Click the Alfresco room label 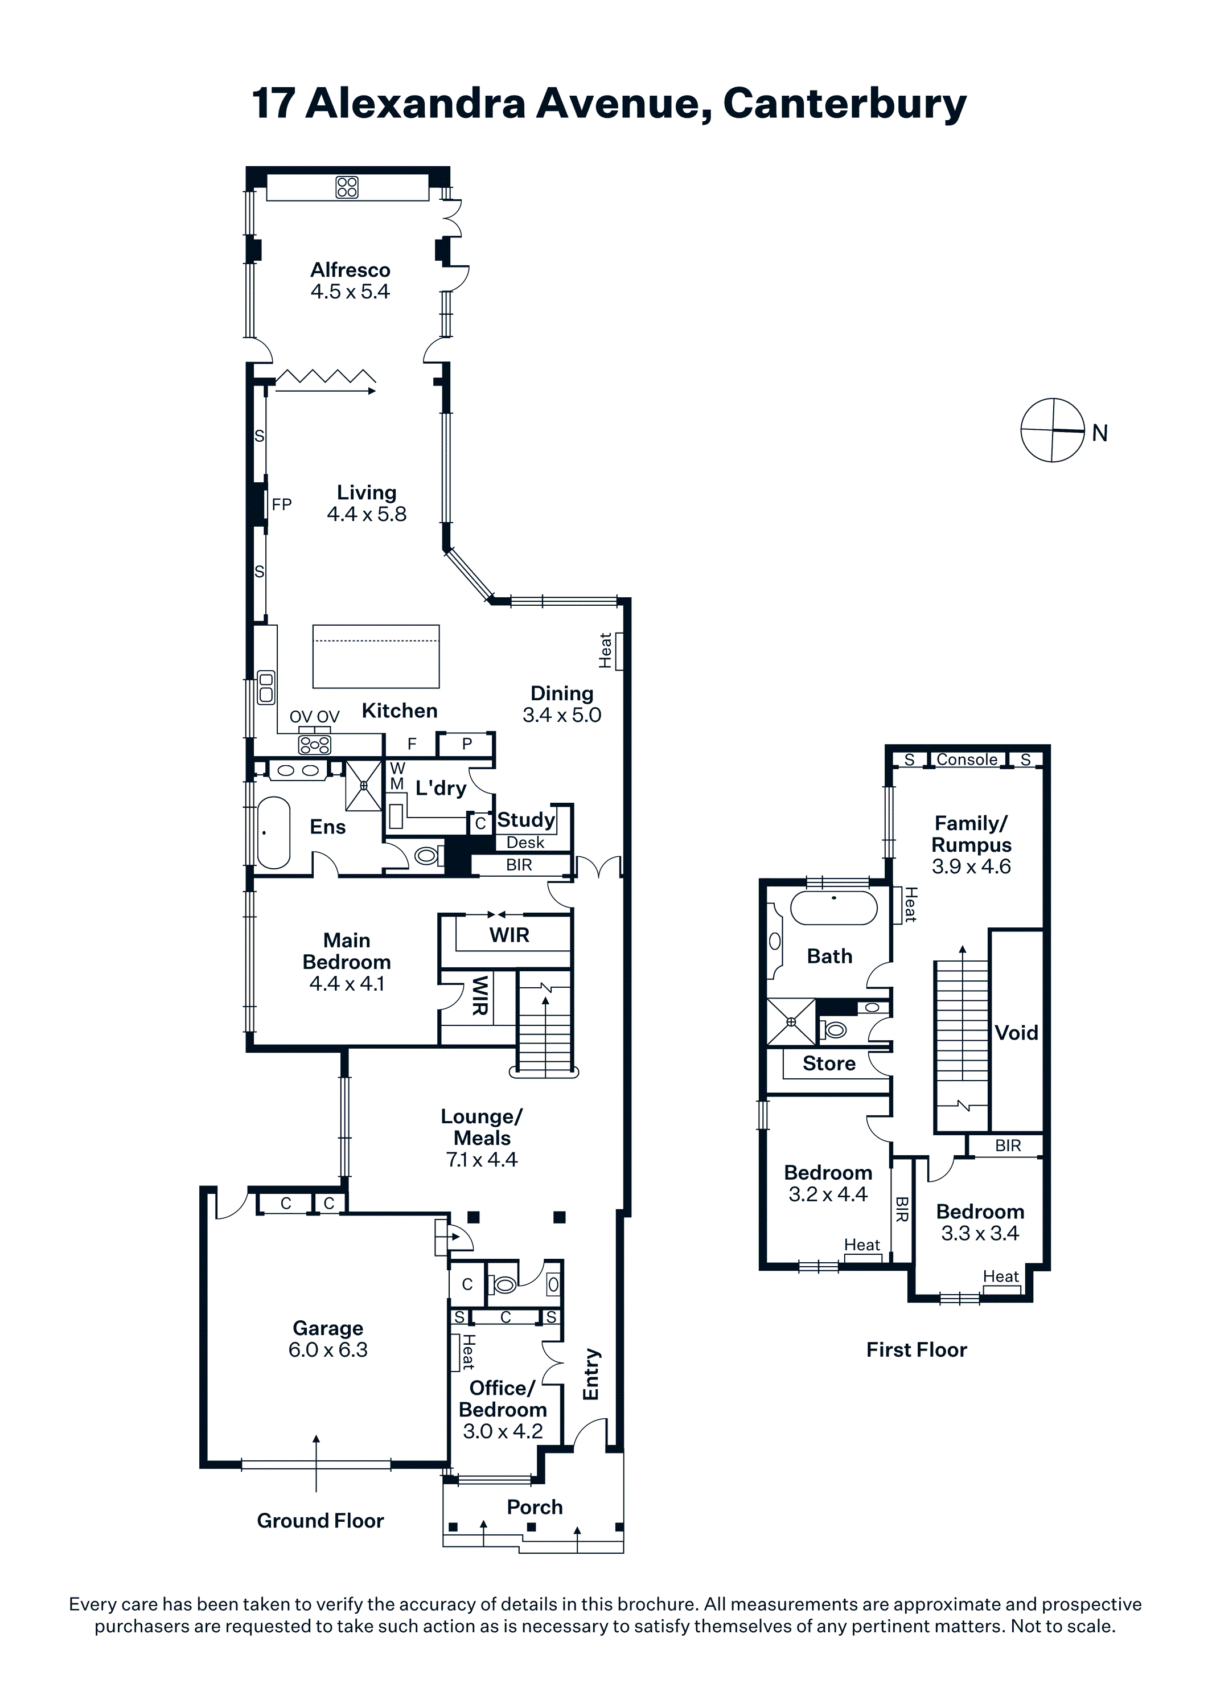pyautogui.click(x=350, y=269)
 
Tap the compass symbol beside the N pyautogui.click(x=1053, y=430)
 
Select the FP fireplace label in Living pyautogui.click(x=282, y=504)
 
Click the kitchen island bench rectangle pyautogui.click(x=376, y=656)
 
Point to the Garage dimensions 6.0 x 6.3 pyautogui.click(x=328, y=1349)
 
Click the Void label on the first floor pyautogui.click(x=1016, y=1033)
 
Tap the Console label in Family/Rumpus pyautogui.click(x=967, y=759)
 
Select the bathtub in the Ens pyautogui.click(x=273, y=833)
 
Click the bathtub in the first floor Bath pyautogui.click(x=834, y=908)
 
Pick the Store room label pyautogui.click(x=829, y=1064)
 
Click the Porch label pyautogui.click(x=535, y=1507)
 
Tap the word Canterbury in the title pyautogui.click(x=844, y=104)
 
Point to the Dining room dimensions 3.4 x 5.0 pyautogui.click(x=562, y=715)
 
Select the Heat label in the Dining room pyautogui.click(x=606, y=650)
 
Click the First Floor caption pyautogui.click(x=917, y=1350)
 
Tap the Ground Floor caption pyautogui.click(x=321, y=1521)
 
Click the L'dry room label pyautogui.click(x=441, y=788)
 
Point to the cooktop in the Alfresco pyautogui.click(x=347, y=187)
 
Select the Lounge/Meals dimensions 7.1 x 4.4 pyautogui.click(x=482, y=1160)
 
